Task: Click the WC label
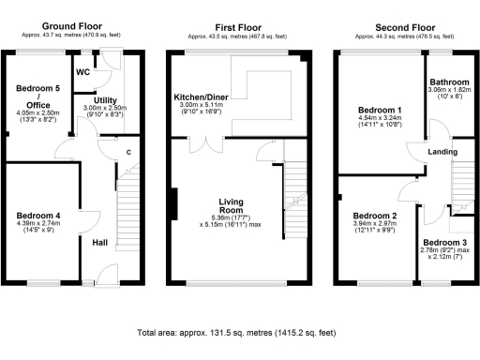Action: [83, 70]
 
